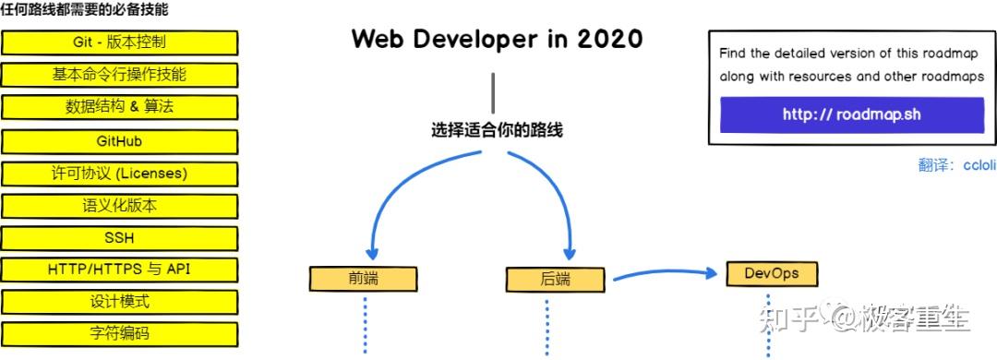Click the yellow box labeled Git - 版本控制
[x=119, y=42]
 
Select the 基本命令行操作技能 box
[x=119, y=75]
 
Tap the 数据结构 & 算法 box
[x=119, y=107]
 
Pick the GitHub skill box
[x=119, y=141]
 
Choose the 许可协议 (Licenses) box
[x=119, y=174]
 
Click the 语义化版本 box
[x=119, y=206]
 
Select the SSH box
[x=119, y=238]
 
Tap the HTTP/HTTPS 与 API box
[x=119, y=270]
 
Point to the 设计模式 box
[x=119, y=302]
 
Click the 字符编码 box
[x=119, y=333]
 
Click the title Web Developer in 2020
[x=497, y=40]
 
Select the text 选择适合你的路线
[x=497, y=130]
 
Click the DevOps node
[x=771, y=274]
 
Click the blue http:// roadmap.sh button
[x=851, y=114]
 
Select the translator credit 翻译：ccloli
[x=956, y=165]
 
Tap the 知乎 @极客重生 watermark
[x=863, y=318]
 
